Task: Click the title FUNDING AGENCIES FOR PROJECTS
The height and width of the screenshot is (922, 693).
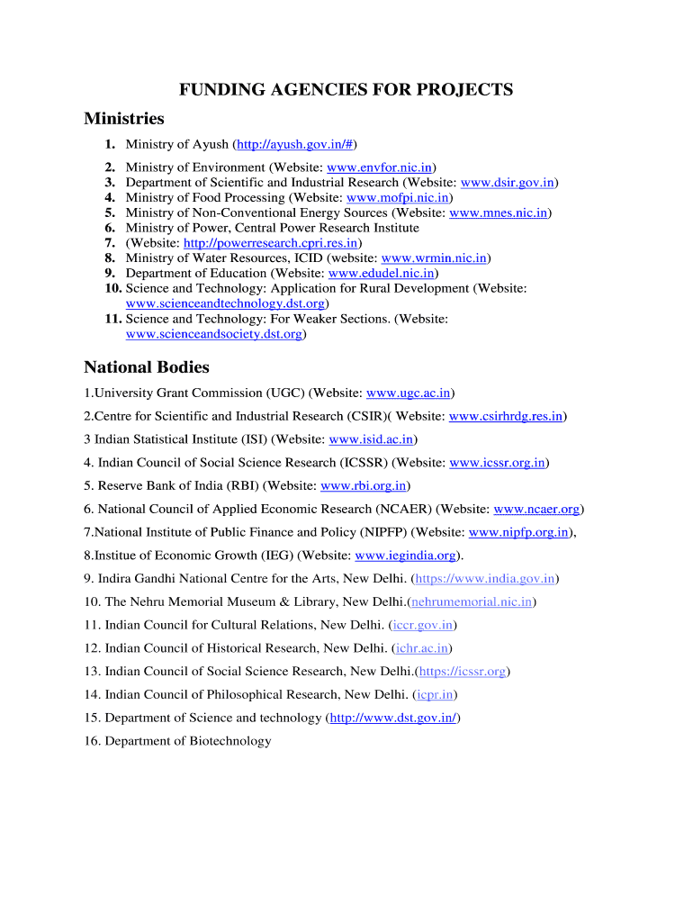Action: [x=346, y=89]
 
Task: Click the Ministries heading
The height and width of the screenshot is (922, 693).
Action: [x=124, y=119]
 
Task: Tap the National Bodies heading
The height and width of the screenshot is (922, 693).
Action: [x=147, y=367]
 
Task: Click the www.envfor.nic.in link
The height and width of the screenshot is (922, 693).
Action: [x=380, y=167]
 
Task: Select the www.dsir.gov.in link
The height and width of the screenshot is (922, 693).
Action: [x=507, y=183]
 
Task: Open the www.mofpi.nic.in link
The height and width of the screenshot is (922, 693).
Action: [x=398, y=198]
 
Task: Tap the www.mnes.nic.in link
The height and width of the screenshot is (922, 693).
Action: [x=498, y=213]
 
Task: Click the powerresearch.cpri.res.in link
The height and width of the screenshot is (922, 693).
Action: [x=271, y=243]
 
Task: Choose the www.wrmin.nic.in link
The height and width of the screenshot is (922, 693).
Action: [x=435, y=258]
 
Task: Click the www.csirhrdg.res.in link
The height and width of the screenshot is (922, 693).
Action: [x=506, y=416]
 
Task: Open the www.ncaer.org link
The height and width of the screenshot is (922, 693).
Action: [x=537, y=510]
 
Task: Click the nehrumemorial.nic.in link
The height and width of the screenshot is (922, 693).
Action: [x=472, y=601]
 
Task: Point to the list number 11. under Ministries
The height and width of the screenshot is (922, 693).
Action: [x=112, y=319]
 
